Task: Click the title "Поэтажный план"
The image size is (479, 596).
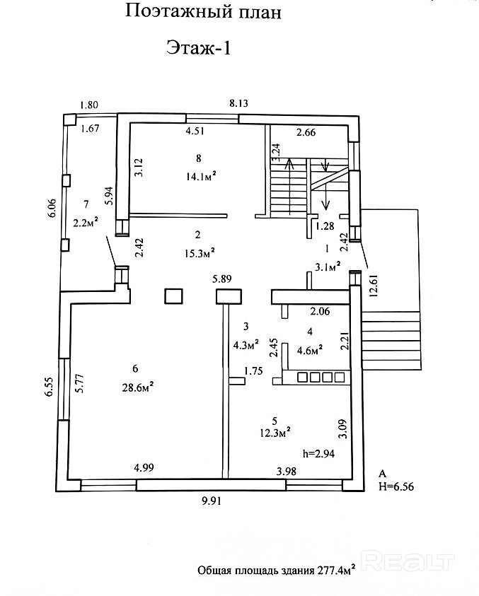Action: click(203, 12)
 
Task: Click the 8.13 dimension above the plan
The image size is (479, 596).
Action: click(239, 104)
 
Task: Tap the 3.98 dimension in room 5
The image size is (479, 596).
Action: click(287, 472)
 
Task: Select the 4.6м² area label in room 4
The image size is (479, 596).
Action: click(310, 349)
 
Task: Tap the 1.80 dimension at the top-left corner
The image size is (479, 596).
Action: click(89, 105)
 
